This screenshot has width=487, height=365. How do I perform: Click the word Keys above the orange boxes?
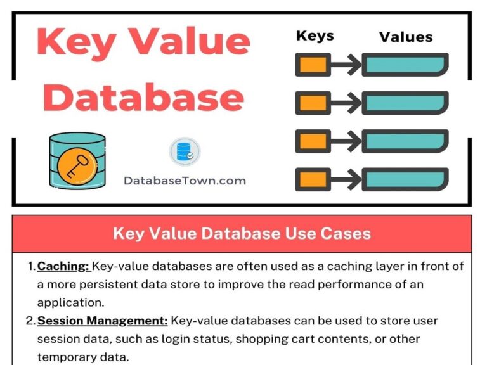pos(316,36)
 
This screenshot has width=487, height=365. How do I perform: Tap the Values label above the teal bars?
pos(405,37)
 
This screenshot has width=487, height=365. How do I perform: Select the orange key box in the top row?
pos(313,64)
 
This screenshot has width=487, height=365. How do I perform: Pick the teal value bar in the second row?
pos(405,102)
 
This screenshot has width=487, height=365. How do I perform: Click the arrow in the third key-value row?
pos(346,141)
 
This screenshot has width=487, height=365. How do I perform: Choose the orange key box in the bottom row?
pos(313,179)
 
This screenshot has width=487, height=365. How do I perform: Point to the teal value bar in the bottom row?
pos(405,179)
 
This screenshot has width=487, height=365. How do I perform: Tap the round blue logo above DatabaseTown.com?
pos(185,152)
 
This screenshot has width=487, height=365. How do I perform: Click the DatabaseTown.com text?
pos(185,181)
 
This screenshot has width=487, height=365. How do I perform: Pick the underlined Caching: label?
pos(63,267)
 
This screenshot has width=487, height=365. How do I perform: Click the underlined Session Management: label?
pos(102,321)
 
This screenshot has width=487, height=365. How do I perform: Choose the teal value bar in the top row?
pos(405,64)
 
